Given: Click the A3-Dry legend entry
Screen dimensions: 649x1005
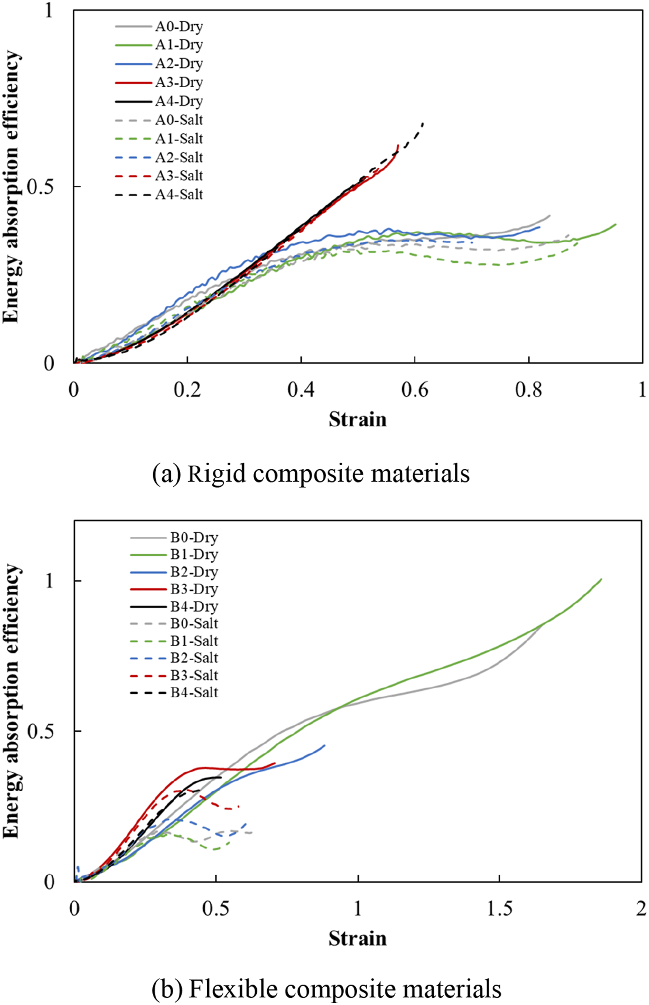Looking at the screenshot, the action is point(159,82).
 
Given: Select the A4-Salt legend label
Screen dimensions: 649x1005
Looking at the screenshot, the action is point(179,195).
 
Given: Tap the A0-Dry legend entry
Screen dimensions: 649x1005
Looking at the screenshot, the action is point(159,26).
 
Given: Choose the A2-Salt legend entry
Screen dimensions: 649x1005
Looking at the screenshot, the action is point(159,157).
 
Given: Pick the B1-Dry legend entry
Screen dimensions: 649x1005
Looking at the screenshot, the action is point(174,554).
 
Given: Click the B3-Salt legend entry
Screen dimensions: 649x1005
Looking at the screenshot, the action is point(174,675).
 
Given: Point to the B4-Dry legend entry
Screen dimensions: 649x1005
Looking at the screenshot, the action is point(174,606).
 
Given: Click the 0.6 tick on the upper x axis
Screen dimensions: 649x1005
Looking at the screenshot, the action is point(415,390).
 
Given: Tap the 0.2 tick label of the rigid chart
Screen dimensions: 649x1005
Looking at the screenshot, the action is point(187,390).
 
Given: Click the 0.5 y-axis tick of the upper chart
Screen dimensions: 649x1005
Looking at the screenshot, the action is point(41,186).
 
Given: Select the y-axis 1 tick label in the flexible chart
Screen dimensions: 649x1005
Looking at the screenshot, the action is point(50,581).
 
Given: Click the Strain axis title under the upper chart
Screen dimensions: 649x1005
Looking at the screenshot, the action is point(357,420).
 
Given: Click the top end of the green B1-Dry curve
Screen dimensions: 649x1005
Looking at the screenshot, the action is point(601,579).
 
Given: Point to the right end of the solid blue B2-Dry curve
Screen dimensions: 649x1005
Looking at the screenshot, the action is point(324,745).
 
